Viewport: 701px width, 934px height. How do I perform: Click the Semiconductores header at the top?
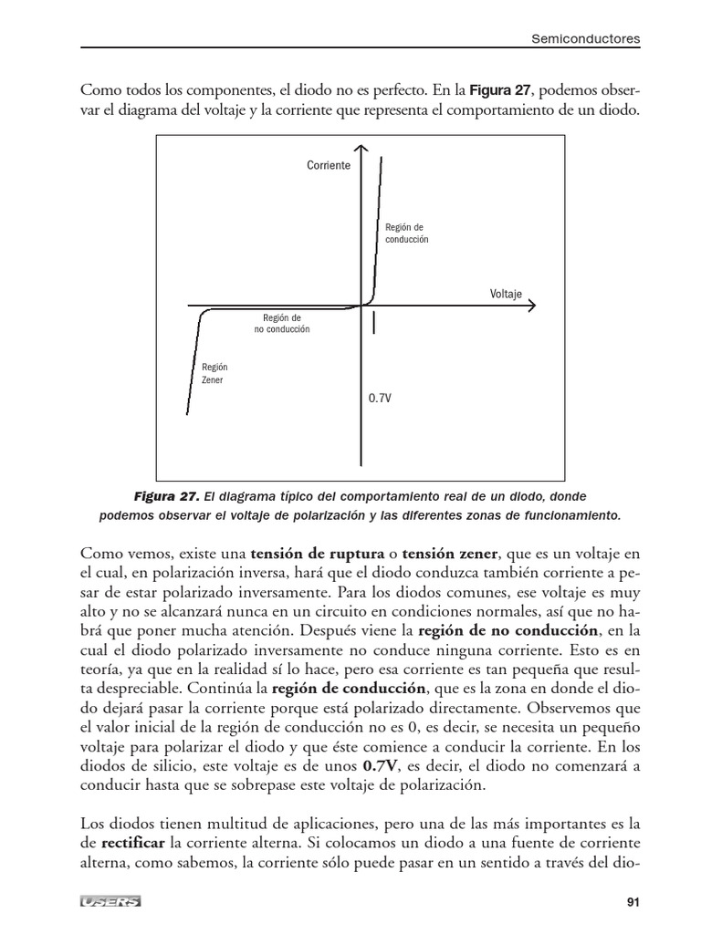click(x=586, y=39)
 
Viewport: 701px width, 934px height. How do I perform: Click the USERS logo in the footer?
click(x=110, y=902)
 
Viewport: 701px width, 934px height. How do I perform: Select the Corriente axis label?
click(x=329, y=167)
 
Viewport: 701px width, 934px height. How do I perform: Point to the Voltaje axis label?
click(x=506, y=294)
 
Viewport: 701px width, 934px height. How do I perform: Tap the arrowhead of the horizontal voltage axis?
click(x=532, y=306)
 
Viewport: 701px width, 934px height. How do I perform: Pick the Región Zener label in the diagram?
click(x=214, y=373)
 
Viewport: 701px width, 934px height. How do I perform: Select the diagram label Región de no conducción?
click(x=281, y=323)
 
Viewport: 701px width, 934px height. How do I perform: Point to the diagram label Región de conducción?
click(x=406, y=233)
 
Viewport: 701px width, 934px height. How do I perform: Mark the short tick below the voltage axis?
click(x=375, y=320)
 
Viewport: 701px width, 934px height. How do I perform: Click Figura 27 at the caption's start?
click(x=165, y=497)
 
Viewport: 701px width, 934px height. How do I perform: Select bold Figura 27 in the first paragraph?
click(x=500, y=90)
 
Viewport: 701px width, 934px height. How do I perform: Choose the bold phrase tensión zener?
click(x=449, y=553)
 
